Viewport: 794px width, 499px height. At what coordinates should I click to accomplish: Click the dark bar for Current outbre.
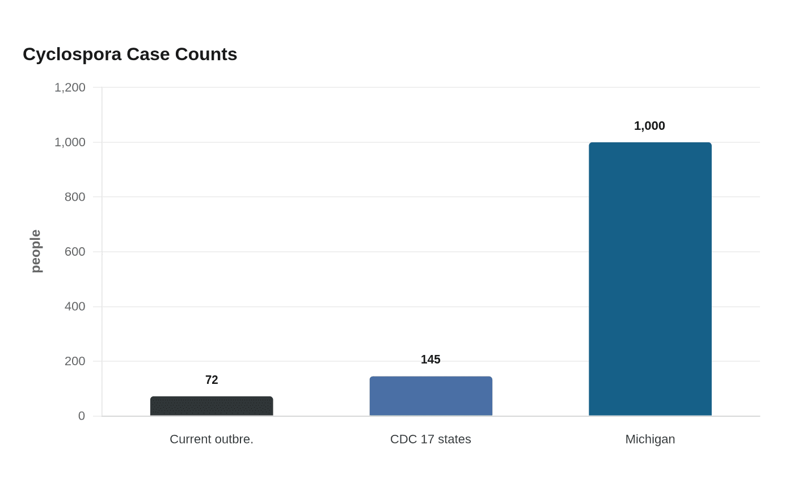(212, 406)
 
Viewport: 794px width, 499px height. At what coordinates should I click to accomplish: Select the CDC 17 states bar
(431, 396)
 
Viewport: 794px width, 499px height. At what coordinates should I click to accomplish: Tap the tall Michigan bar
(650, 279)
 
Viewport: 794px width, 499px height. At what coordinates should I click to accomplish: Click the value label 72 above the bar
(212, 380)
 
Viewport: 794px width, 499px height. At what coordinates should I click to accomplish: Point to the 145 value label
(430, 360)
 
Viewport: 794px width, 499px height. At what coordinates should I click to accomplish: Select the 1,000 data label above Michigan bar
(649, 126)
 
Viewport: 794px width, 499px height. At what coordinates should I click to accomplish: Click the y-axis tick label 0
(82, 416)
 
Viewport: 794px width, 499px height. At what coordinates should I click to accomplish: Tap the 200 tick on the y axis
(75, 361)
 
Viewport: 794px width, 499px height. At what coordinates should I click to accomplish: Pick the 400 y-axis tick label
(75, 307)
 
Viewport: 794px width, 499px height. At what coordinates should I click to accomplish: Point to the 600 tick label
(75, 252)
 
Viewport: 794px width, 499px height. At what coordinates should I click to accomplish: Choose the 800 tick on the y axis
(75, 197)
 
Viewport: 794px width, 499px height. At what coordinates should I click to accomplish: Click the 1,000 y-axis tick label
(70, 142)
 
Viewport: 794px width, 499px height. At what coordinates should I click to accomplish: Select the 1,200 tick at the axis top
(70, 87)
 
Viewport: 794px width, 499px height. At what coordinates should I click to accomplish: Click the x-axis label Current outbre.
(212, 439)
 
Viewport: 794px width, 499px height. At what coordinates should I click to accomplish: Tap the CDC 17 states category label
(430, 439)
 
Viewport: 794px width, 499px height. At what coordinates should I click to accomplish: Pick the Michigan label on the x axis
(650, 439)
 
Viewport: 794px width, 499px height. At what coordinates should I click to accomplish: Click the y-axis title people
(36, 251)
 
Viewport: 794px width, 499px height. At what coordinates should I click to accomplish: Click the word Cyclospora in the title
(72, 55)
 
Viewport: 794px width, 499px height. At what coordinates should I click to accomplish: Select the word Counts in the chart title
(206, 54)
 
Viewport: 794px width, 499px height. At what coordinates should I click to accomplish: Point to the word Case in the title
(148, 54)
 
